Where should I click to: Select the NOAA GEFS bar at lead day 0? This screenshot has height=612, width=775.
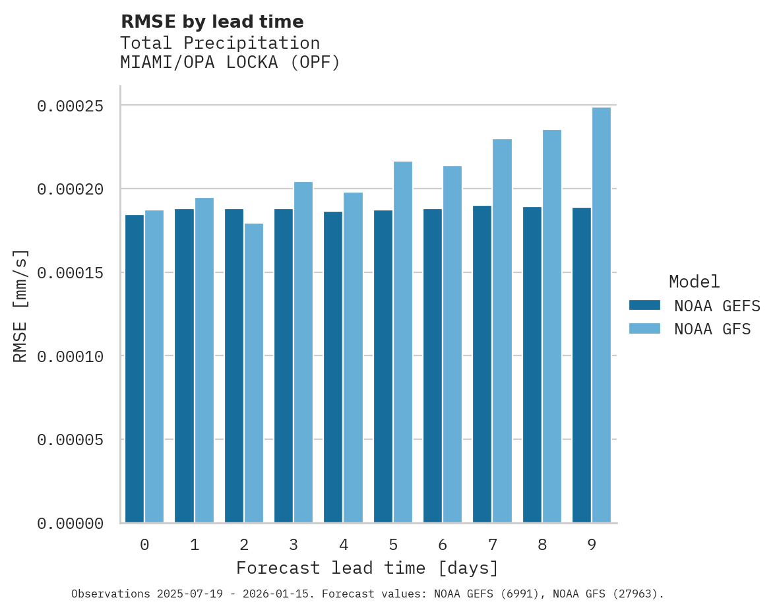pyautogui.click(x=135, y=369)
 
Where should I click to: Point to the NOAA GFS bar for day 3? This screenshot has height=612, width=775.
pyautogui.click(x=303, y=352)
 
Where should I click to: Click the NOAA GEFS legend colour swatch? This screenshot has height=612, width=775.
pyautogui.click(x=644, y=305)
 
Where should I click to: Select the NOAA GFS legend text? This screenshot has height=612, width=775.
pyautogui.click(x=712, y=329)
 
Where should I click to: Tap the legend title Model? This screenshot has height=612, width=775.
pyautogui.click(x=694, y=282)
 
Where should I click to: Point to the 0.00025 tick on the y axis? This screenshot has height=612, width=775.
pyautogui.click(x=70, y=106)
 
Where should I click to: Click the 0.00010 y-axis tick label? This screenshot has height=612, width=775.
pyautogui.click(x=70, y=356)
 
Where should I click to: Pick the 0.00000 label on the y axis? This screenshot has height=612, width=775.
pyautogui.click(x=70, y=524)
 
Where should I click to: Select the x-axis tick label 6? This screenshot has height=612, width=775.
pyautogui.click(x=443, y=545)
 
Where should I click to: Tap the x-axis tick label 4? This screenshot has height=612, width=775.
pyautogui.click(x=344, y=545)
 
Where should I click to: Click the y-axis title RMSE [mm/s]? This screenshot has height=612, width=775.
pyautogui.click(x=20, y=306)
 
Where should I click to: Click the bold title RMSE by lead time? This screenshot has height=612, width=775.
pyautogui.click(x=212, y=22)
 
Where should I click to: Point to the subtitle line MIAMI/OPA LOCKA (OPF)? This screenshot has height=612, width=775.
pyautogui.click(x=230, y=63)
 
